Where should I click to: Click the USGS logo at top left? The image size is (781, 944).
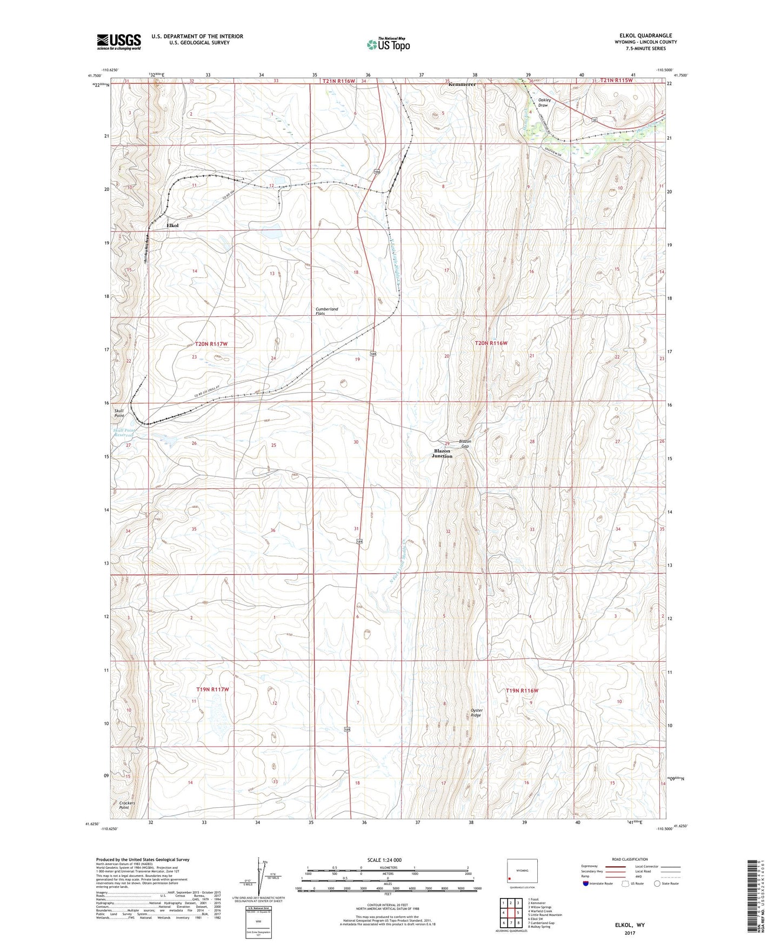[x=118, y=42]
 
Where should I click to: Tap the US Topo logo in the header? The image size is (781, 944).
[x=388, y=44]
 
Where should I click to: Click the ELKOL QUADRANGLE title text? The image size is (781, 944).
[x=645, y=36]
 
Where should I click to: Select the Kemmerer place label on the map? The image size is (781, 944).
[x=462, y=84]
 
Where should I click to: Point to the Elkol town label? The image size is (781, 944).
[x=172, y=225]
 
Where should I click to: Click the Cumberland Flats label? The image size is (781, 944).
[x=326, y=311]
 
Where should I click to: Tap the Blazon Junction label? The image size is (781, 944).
[x=442, y=453]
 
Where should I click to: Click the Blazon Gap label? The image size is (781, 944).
[x=465, y=443]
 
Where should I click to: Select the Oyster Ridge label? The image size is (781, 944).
[x=476, y=713]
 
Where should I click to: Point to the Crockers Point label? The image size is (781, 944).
[x=127, y=805]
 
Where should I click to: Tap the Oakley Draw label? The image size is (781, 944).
[x=544, y=102]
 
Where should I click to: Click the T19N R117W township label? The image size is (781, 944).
[x=212, y=689]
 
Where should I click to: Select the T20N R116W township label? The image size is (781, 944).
[x=491, y=343]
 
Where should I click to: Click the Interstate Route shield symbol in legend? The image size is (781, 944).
[x=586, y=883]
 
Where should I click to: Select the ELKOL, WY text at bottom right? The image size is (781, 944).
[x=630, y=925]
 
